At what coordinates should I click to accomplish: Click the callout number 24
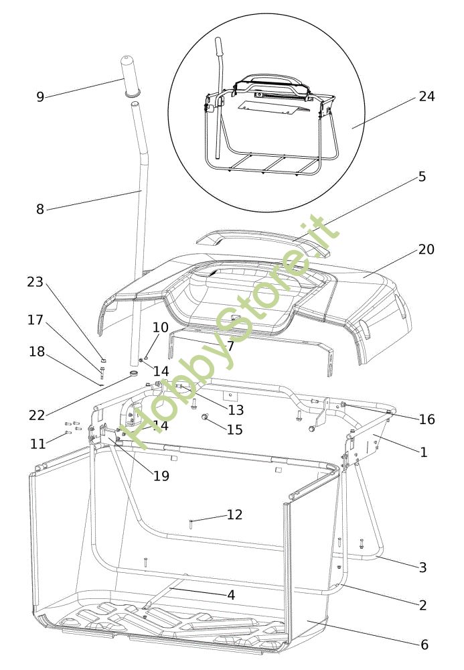click(x=427, y=96)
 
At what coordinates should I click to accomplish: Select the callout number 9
click(x=40, y=97)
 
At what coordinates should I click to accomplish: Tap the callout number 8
click(x=40, y=210)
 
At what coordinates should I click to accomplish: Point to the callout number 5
click(x=422, y=177)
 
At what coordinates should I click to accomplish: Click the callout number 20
click(x=427, y=249)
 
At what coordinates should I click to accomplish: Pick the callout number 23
click(x=35, y=282)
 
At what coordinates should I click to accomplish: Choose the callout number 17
click(x=35, y=320)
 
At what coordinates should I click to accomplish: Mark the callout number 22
click(x=37, y=415)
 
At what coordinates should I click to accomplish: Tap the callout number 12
click(x=234, y=515)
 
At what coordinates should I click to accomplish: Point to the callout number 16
click(x=427, y=419)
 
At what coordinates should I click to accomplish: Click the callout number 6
click(x=424, y=645)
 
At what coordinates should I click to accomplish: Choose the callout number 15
click(x=234, y=429)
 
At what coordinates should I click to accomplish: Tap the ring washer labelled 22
click(x=133, y=373)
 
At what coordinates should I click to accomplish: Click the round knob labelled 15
click(x=206, y=419)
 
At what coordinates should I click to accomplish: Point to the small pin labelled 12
click(x=191, y=522)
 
